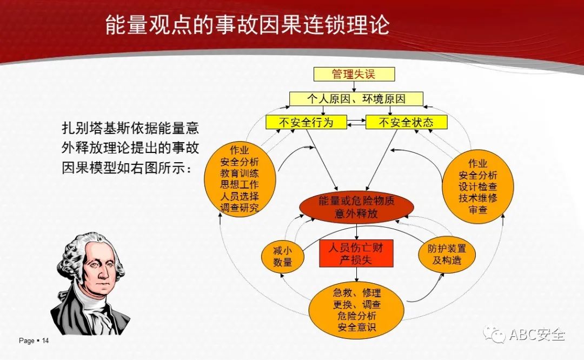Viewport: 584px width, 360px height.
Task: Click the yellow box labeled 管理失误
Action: (354, 74)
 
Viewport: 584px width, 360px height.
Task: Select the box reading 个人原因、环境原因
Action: (356, 99)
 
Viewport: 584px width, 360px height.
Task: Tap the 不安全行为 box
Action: (306, 122)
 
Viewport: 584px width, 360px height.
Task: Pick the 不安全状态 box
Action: (406, 122)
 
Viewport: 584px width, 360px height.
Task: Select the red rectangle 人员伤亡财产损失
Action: (356, 253)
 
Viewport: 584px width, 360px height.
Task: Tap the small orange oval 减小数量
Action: (283, 257)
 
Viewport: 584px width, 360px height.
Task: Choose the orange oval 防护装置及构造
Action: (447, 254)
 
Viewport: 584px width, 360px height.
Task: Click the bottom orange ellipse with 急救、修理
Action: (356, 310)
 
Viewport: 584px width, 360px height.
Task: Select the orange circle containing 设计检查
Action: (477, 186)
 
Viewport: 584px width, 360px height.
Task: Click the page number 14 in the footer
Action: (45, 341)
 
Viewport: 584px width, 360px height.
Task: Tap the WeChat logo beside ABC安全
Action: (494, 334)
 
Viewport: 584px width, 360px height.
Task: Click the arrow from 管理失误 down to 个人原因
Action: (354, 86)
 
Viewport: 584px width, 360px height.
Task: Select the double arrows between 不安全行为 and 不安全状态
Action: (356, 123)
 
